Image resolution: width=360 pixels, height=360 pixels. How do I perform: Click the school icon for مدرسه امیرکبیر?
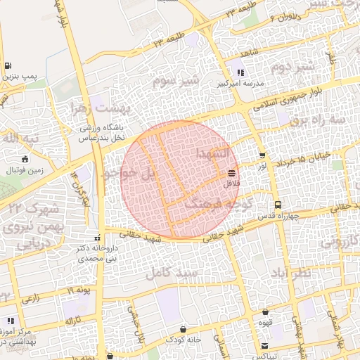[241, 72]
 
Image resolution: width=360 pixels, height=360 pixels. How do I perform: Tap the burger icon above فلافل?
[231, 172]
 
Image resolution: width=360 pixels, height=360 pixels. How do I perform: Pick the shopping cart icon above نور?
[262, 156]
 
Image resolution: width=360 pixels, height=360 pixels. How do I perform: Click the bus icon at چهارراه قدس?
[278, 205]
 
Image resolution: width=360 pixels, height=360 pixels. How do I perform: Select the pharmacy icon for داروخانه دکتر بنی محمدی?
[98, 237]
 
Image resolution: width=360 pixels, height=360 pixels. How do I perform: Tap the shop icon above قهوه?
[265, 311]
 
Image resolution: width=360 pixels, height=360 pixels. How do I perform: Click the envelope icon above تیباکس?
[264, 345]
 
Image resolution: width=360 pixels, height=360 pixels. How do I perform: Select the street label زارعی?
[30, 299]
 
